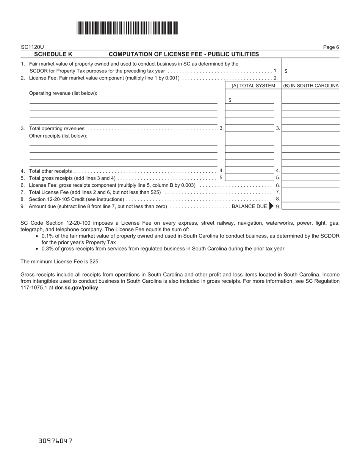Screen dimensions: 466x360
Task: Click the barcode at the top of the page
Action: coord(127,28)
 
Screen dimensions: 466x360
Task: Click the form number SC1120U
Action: coord(32,47)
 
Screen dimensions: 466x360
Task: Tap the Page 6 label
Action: coord(331,47)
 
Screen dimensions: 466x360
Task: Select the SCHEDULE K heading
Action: coord(53,54)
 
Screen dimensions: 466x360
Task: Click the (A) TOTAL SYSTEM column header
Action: coord(253,86)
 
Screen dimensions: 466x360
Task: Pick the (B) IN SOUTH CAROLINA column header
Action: coord(311,86)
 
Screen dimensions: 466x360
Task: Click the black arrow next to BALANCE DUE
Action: coord(271,206)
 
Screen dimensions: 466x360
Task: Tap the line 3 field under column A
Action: coord(249,128)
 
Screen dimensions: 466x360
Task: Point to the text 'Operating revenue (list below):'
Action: coord(63,93)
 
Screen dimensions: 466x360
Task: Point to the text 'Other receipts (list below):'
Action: coord(58,136)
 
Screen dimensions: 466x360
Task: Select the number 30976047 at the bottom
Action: coord(55,441)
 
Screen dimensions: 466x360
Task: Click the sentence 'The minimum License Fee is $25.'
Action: coord(60,261)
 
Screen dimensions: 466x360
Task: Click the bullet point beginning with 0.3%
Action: coord(163,249)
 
